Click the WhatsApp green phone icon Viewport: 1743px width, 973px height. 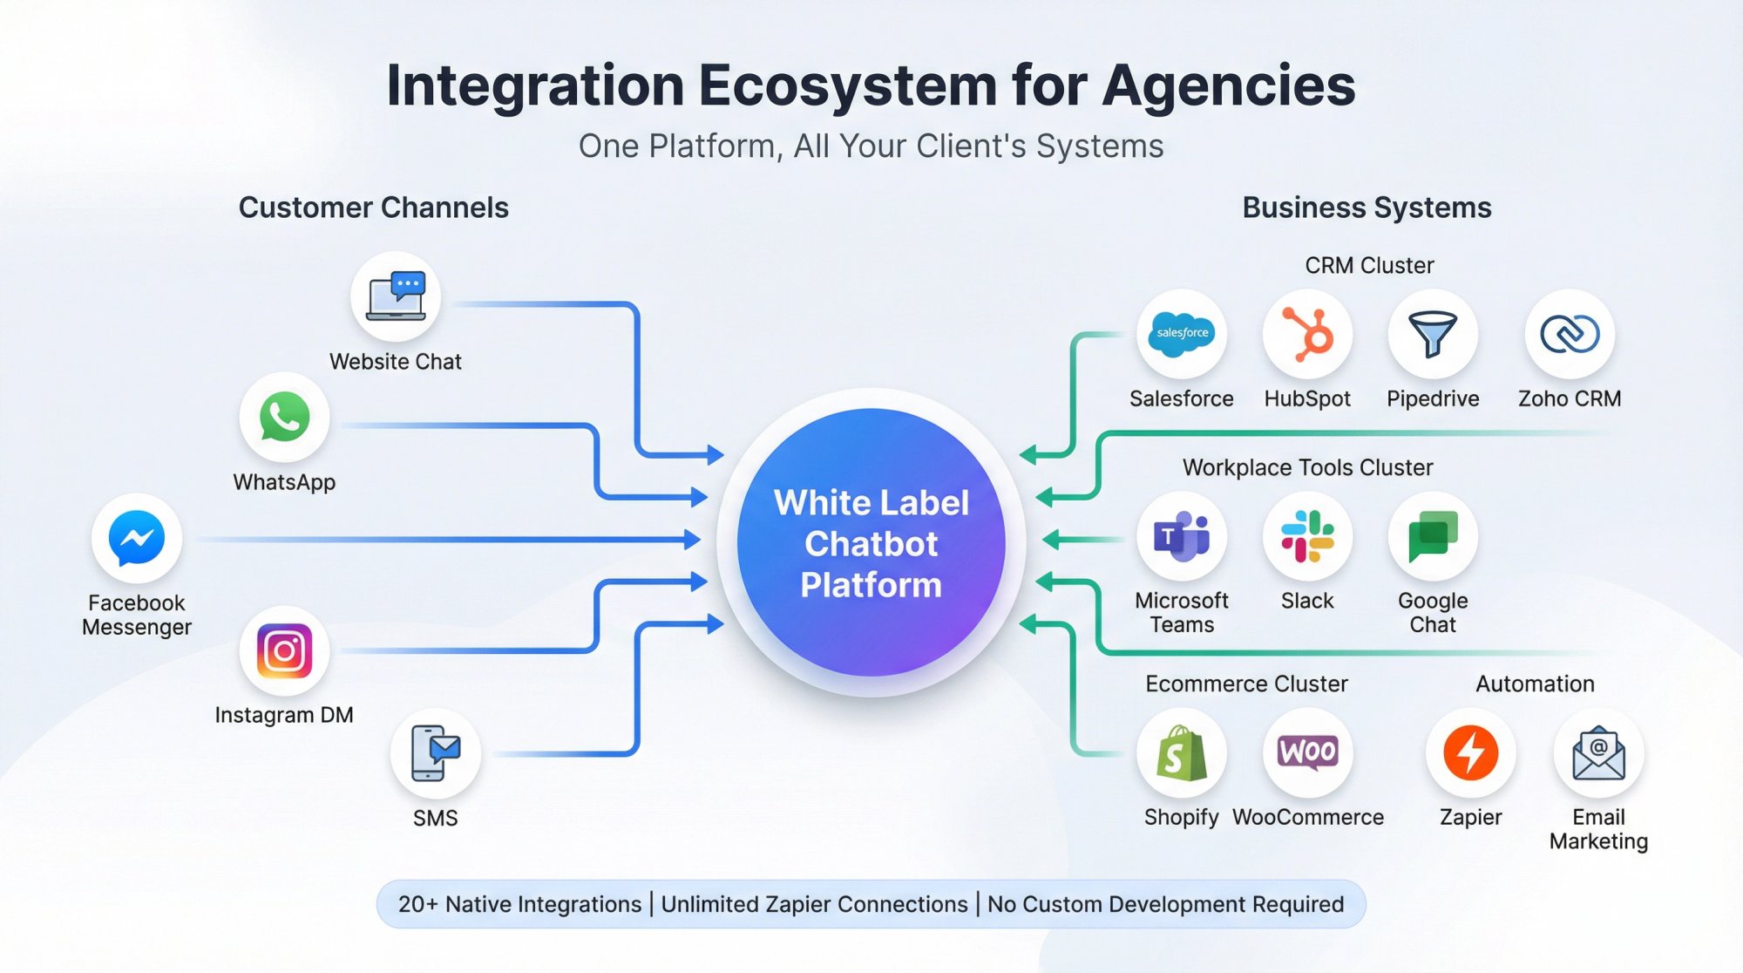(x=284, y=417)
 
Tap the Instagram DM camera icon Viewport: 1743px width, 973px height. (x=284, y=650)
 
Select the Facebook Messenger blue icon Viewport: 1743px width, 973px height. (x=137, y=538)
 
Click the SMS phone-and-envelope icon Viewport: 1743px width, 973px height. (x=435, y=752)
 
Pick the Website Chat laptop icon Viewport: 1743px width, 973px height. (x=396, y=297)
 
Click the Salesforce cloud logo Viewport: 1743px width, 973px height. (x=1181, y=334)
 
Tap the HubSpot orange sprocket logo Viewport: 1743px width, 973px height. (x=1307, y=334)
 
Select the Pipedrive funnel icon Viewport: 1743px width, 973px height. (x=1433, y=334)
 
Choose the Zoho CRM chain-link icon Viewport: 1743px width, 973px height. (x=1570, y=334)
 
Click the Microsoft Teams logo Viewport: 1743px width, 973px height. (x=1181, y=536)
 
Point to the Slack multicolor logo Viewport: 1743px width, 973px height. (x=1307, y=536)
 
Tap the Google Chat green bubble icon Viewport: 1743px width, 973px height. (x=1433, y=536)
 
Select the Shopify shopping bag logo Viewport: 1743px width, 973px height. (x=1181, y=752)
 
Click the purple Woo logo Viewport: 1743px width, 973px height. (x=1307, y=752)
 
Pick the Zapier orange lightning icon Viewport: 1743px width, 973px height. (x=1470, y=752)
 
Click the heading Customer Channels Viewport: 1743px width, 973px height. (x=373, y=208)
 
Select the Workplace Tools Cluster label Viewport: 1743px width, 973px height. (x=1307, y=467)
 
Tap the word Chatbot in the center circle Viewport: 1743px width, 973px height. (x=871, y=543)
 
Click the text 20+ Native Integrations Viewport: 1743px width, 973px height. (x=519, y=904)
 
